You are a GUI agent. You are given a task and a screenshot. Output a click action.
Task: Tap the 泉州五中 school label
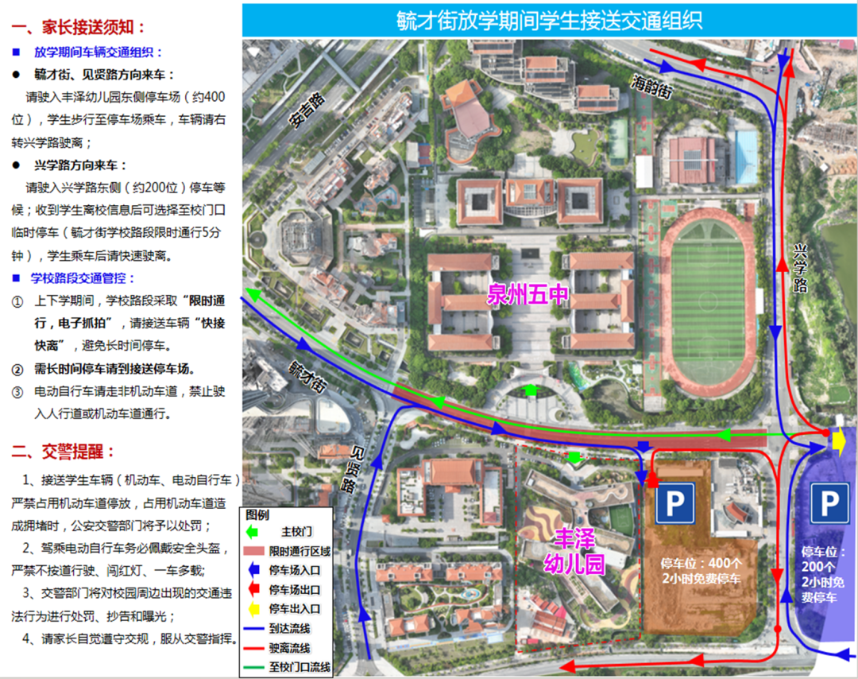click(x=528, y=295)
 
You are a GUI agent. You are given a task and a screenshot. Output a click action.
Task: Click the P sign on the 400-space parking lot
click(x=674, y=503)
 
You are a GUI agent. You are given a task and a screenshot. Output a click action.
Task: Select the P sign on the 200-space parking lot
click(x=829, y=503)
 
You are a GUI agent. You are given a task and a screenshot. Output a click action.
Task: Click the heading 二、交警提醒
click(x=64, y=452)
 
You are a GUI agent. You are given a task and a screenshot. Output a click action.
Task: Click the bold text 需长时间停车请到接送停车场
click(x=114, y=370)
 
